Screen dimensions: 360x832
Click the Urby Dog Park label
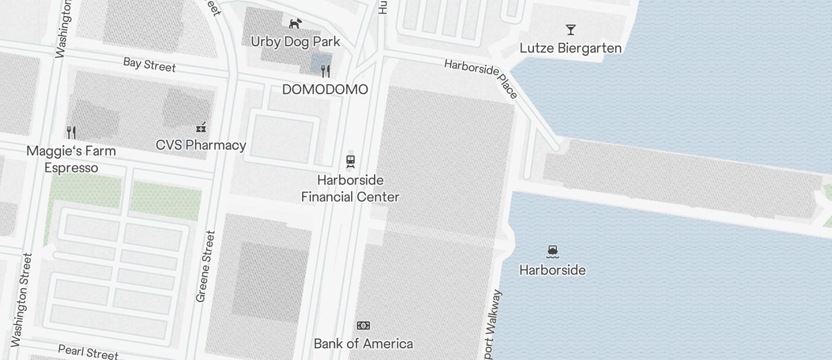tap(295, 42)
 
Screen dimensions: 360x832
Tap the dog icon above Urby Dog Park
tap(296, 23)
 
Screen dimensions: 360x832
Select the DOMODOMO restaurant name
tap(325, 89)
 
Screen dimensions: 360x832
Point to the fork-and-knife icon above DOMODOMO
tap(325, 71)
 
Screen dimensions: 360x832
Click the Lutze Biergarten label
tap(570, 48)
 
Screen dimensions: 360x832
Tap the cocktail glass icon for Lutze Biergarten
tap(571, 30)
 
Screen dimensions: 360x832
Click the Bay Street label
tap(150, 64)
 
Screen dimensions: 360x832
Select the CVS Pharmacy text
tap(201, 145)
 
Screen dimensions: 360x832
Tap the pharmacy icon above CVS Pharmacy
tap(201, 127)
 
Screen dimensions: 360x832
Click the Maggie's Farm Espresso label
tap(71, 159)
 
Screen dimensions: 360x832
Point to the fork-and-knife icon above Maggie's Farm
tap(71, 132)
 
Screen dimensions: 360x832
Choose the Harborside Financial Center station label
tap(350, 188)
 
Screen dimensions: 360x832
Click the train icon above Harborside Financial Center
tap(351, 161)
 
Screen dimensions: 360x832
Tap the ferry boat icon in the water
tap(553, 252)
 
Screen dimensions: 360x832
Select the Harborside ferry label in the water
tap(552, 270)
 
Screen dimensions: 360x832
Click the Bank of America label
tap(363, 344)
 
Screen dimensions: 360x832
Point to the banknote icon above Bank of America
tap(363, 326)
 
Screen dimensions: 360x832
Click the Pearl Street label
tap(88, 352)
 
